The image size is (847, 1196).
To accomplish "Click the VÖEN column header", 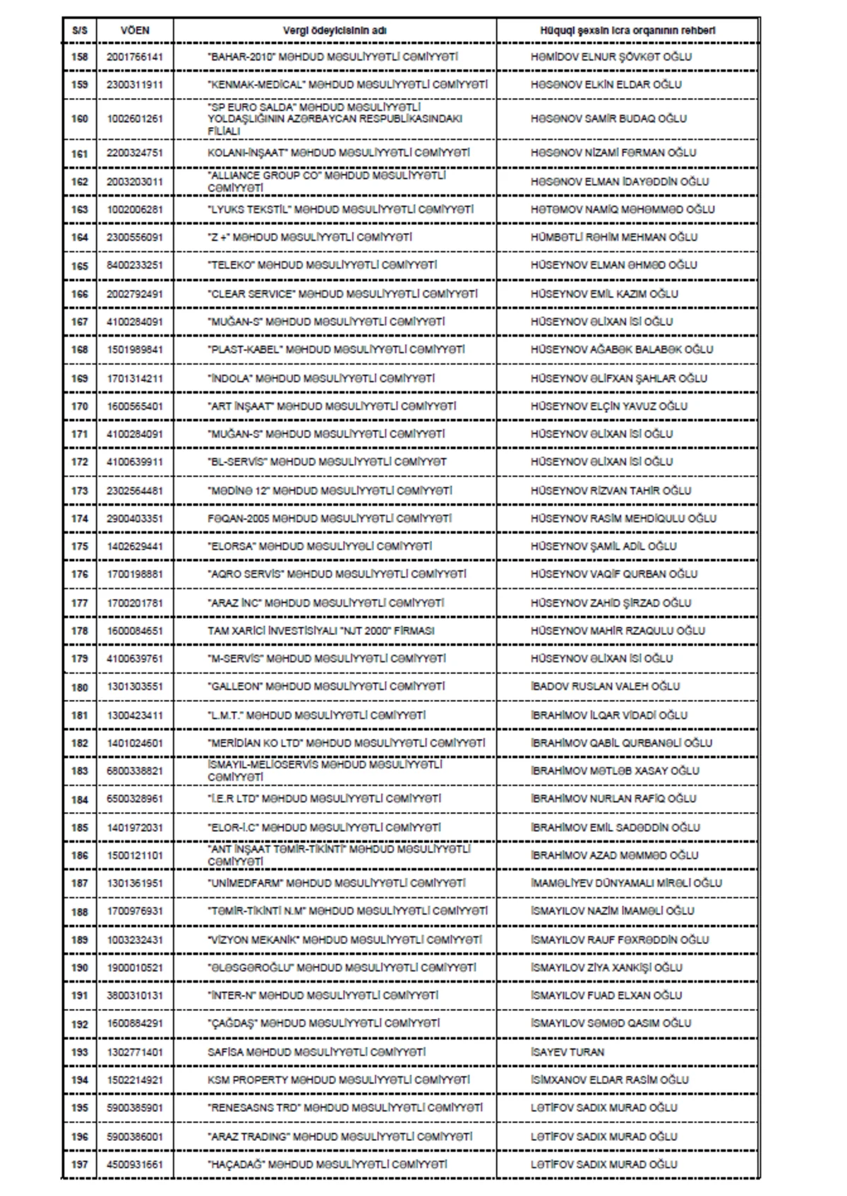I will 135,31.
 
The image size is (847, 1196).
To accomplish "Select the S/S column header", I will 80,31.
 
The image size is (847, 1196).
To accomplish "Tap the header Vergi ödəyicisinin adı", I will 335,31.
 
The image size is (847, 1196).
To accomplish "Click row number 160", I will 80,119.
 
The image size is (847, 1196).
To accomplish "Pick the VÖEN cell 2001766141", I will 135,57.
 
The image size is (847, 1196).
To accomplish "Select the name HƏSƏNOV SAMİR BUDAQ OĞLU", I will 608,119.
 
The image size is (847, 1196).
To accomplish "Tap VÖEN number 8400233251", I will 135,265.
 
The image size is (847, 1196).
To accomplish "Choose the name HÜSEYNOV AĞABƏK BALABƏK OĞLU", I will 622,349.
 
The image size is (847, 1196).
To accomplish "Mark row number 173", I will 80,490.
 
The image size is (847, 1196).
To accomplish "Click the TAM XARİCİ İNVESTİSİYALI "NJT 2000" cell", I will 320,631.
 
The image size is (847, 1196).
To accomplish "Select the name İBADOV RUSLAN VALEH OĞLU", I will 605,687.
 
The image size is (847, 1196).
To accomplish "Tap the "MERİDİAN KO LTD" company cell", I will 347,743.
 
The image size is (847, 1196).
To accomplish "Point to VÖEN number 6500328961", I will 135,799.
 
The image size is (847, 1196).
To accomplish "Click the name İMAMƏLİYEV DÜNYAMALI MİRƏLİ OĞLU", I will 626,883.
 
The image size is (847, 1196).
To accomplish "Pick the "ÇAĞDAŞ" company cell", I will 324,1023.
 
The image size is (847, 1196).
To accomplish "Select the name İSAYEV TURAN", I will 567,1052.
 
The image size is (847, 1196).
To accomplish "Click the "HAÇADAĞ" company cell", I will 328,1164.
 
